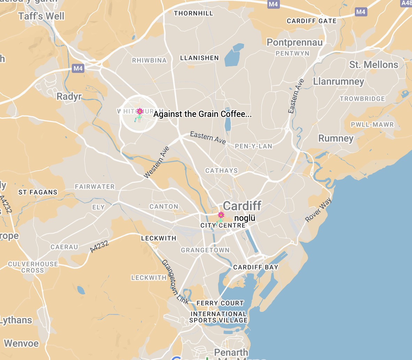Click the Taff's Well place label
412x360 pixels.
[41, 16]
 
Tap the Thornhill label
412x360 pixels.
[193, 14]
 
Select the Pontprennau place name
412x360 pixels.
[295, 43]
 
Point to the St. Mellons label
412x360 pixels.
[374, 65]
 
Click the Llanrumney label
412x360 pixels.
[338, 82]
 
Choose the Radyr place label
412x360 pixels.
[69, 97]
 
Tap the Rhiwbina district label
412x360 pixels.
[149, 60]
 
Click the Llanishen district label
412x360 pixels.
[199, 58]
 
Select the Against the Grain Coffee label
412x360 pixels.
[203, 114]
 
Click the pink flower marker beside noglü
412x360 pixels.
[221, 215]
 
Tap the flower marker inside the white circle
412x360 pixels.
[139, 111]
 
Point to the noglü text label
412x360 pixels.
[245, 218]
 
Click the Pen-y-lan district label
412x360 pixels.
[253, 146]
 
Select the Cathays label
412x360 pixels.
[221, 171]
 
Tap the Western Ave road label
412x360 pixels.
[157, 163]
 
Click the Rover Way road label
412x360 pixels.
[318, 210]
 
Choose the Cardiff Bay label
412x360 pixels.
[255, 267]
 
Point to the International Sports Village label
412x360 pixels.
[219, 317]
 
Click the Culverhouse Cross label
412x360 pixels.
[33, 267]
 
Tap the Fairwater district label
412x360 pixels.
[95, 187]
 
